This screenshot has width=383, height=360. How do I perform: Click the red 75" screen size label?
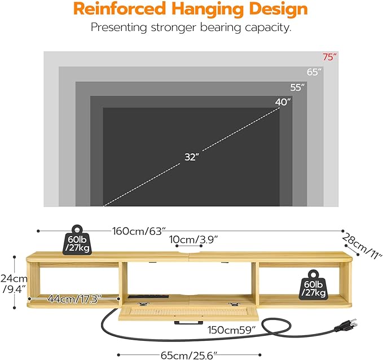(x=329, y=57)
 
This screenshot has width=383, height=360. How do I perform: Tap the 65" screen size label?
(x=314, y=72)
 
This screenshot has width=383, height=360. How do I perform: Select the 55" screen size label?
(x=297, y=87)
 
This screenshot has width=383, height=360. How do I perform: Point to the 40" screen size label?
(x=283, y=102)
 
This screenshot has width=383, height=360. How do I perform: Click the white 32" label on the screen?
(x=191, y=157)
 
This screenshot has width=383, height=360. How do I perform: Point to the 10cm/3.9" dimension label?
(x=195, y=239)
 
